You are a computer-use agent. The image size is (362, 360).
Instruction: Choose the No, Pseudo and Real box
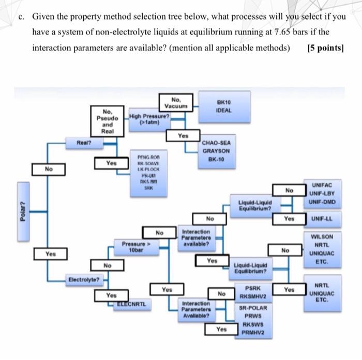108,121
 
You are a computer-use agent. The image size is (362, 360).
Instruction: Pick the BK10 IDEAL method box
224,107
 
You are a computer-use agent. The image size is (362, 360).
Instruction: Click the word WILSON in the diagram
324,237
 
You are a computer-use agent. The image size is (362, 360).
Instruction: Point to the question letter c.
20,17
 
